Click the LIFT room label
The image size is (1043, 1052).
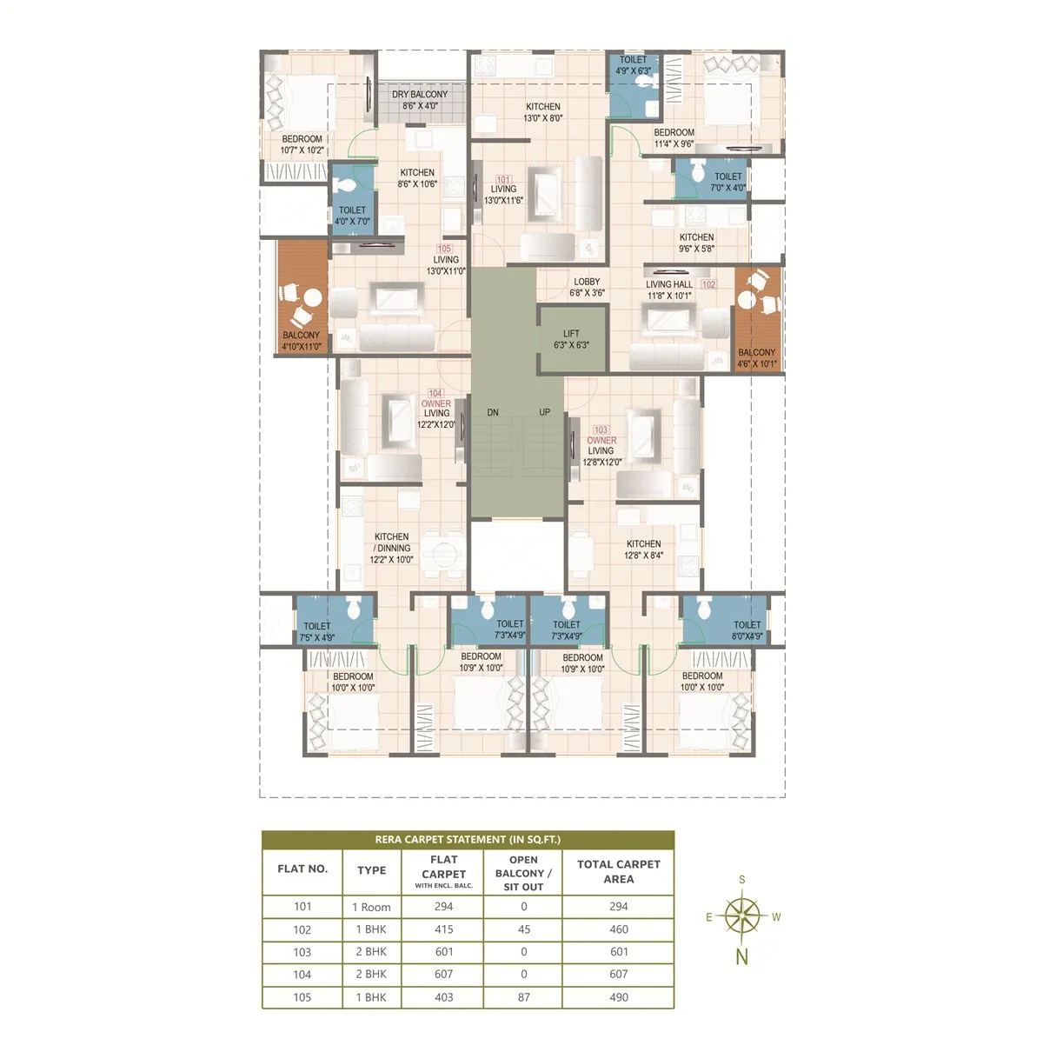571,333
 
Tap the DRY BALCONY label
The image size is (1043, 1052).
419,95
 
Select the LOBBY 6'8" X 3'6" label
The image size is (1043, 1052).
587,287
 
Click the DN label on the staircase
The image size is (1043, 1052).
492,413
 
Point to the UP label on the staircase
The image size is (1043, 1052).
544,412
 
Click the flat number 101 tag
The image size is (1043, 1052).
503,180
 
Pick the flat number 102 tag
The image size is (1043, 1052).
708,284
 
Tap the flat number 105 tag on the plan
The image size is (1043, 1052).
444,249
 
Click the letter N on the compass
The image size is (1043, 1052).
741,955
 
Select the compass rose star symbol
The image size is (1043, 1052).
741,916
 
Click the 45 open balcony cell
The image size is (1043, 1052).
523,929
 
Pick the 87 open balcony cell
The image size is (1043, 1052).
523,997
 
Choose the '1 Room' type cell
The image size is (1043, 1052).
371,907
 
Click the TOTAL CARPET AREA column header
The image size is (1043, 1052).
618,871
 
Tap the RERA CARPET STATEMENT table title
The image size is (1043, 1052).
468,839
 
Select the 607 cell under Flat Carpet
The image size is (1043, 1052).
444,974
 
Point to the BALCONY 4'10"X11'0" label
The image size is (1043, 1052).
302,341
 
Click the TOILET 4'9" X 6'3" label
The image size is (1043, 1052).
633,65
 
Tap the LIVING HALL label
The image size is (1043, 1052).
668,284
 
